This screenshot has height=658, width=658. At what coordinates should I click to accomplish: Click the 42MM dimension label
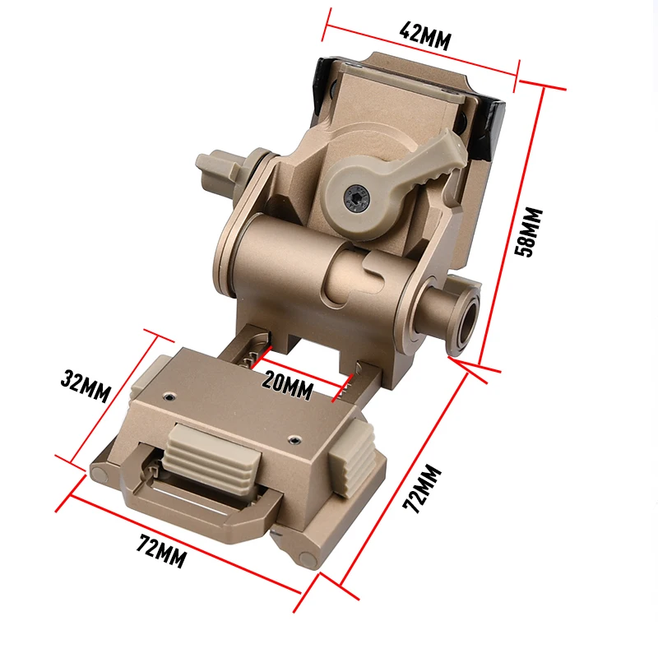coord(424,35)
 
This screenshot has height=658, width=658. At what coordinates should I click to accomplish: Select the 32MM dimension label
coord(85,387)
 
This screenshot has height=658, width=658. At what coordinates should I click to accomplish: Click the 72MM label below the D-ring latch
coord(161,551)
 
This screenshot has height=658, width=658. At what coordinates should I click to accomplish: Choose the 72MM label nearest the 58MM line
coord(424,489)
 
